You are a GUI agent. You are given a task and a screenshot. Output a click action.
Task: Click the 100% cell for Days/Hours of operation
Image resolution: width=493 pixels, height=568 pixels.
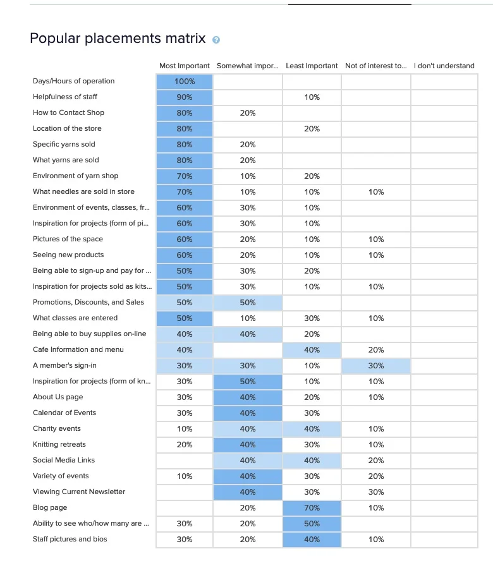click(185, 82)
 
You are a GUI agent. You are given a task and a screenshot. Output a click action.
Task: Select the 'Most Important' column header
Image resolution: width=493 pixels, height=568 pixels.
click(185, 66)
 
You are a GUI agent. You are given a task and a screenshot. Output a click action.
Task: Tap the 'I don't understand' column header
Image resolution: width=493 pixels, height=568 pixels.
click(444, 66)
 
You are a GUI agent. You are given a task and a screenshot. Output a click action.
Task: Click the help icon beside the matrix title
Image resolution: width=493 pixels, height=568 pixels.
click(216, 40)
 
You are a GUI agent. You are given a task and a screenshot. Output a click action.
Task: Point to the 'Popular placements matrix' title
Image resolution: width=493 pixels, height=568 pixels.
click(118, 39)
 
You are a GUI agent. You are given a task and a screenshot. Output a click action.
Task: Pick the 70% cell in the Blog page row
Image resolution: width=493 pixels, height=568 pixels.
click(312, 508)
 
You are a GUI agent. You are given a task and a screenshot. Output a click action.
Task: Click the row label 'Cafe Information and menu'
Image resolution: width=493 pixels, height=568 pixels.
click(78, 349)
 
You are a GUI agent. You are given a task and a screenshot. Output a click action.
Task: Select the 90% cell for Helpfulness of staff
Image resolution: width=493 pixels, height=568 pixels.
click(185, 97)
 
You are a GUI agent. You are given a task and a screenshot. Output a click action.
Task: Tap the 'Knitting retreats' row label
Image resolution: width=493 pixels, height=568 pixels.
click(59, 444)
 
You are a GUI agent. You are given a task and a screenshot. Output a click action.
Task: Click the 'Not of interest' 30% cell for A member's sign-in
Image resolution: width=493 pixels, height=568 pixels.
click(376, 366)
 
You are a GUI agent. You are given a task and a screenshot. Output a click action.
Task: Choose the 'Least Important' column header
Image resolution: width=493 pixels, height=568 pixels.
click(312, 66)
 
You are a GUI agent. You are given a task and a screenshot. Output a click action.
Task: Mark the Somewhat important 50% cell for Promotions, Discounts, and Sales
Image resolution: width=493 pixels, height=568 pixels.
click(248, 303)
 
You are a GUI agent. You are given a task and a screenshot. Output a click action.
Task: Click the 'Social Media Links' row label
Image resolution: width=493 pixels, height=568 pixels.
click(64, 460)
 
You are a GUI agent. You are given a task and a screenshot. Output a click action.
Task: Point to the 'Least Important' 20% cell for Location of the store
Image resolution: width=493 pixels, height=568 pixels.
click(312, 129)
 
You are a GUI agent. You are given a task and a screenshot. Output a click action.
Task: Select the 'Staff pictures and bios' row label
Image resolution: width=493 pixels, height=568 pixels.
click(70, 539)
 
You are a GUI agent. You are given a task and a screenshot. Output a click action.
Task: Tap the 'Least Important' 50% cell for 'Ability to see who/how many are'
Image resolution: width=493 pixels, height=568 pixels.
click(312, 524)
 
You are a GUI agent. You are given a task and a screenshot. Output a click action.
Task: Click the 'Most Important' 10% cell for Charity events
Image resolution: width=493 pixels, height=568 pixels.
click(185, 429)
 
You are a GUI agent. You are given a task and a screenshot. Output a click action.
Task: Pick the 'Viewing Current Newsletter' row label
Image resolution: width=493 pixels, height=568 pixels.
click(79, 492)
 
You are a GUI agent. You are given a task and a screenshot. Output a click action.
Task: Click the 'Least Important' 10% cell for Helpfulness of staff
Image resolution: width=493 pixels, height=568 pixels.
click(312, 97)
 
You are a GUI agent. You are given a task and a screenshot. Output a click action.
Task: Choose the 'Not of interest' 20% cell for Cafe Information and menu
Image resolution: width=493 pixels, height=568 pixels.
click(376, 350)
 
